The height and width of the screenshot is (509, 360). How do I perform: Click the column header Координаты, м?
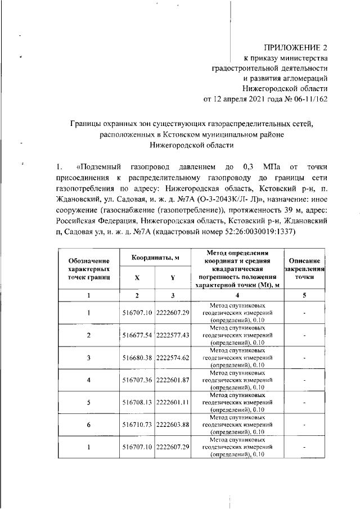pyautogui.click(x=155, y=258)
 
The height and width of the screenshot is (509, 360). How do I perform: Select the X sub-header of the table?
pyautogui.click(x=137, y=277)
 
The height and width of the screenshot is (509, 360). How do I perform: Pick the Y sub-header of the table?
pyautogui.click(x=173, y=277)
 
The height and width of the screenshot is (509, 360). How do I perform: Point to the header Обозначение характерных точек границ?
pyautogui.click(x=88, y=269)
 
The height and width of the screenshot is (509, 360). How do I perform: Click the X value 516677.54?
pyautogui.click(x=137, y=335)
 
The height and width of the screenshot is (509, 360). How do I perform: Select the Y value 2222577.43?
pyautogui.click(x=173, y=335)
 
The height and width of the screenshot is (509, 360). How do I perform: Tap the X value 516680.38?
pyautogui.click(x=137, y=357)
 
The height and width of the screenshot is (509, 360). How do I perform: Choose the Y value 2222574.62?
pyautogui.click(x=173, y=357)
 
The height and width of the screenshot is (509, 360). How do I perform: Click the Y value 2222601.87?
pyautogui.click(x=173, y=380)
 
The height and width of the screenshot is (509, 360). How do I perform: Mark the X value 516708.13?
pyautogui.click(x=137, y=402)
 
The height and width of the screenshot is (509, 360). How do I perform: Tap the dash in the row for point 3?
pyautogui.click(x=304, y=357)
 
